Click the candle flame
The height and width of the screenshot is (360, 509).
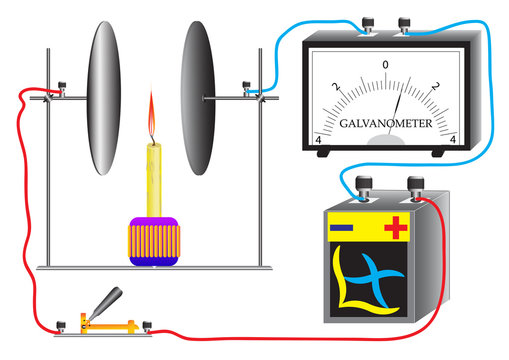pyautogui.click(x=152, y=115)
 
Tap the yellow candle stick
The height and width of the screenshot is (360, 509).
pyautogui.click(x=154, y=180)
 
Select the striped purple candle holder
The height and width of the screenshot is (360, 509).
pyautogui.click(x=154, y=242)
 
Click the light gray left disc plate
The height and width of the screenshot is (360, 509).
pyautogui.click(x=104, y=98)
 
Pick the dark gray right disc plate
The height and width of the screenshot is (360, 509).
pyautogui.click(x=198, y=98)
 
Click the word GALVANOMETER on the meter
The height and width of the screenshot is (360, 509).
pyautogui.click(x=386, y=124)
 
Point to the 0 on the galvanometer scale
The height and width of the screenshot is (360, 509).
pyautogui.click(x=385, y=64)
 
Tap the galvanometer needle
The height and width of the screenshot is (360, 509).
pyautogui.click(x=395, y=112)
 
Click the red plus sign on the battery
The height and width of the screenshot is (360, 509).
pyautogui.click(x=396, y=228)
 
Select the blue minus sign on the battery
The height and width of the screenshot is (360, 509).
pyautogui.click(x=341, y=228)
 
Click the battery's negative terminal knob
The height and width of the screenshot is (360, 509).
pyautogui.click(x=364, y=187)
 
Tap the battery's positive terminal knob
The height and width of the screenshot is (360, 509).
pyautogui.click(x=416, y=188)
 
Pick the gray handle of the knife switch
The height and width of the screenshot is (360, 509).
pyautogui.click(x=106, y=302)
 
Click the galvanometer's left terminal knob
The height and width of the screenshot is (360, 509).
pyautogui.click(x=368, y=25)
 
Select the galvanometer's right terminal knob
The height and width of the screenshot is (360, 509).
pyautogui.click(x=404, y=25)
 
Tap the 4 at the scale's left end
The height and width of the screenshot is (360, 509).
pyautogui.click(x=318, y=140)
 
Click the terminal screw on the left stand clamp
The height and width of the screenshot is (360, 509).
pyautogui.click(x=62, y=89)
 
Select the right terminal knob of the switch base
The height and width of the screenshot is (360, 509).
pyautogui.click(x=147, y=326)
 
